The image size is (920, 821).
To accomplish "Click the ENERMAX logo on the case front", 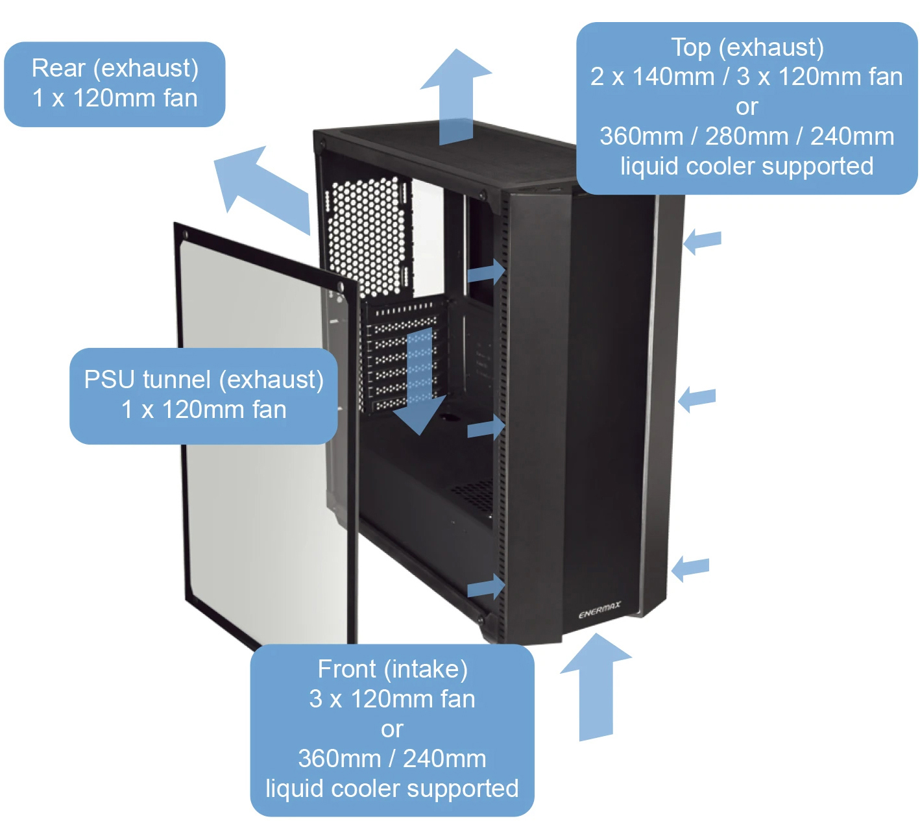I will pyautogui.click(x=599, y=611).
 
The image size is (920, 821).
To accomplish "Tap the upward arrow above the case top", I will pyautogui.click(x=456, y=97).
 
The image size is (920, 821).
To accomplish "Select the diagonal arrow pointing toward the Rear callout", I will pyautogui.click(x=260, y=186).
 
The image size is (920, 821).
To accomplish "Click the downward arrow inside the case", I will pyautogui.click(x=420, y=383).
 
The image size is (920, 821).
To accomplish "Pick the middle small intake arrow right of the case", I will pyautogui.click(x=696, y=398).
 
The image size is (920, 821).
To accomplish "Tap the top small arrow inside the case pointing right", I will pyautogui.click(x=487, y=272).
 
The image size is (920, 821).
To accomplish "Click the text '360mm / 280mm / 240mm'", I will pyautogui.click(x=747, y=136).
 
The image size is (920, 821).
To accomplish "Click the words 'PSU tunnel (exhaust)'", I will pyautogui.click(x=204, y=380).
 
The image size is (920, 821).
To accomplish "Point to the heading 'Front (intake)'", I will pyautogui.click(x=393, y=669).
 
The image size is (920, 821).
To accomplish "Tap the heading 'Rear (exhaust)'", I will pyautogui.click(x=115, y=68).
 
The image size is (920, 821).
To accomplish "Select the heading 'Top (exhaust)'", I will pyautogui.click(x=747, y=47).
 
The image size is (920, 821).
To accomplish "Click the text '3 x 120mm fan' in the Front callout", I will pyautogui.click(x=393, y=699).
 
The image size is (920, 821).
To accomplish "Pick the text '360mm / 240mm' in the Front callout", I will pyautogui.click(x=393, y=759).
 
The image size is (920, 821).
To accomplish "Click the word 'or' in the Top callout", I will pyautogui.click(x=747, y=106).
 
